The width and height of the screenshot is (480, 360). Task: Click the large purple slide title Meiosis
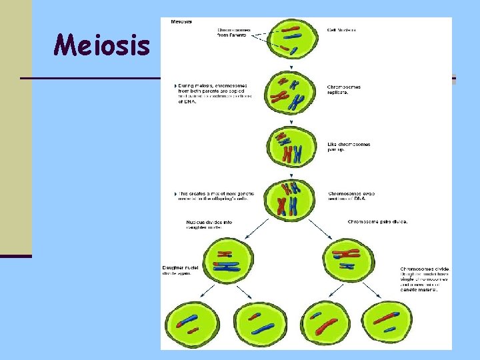coord(102,45)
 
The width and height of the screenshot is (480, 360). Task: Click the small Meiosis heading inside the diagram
coord(182,22)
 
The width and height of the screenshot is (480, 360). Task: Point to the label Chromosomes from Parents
coord(233,33)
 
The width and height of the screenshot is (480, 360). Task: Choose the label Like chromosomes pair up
coord(349,147)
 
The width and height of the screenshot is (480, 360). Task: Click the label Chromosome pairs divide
coord(377,221)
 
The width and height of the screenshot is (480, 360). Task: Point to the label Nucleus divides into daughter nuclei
coord(209,224)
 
